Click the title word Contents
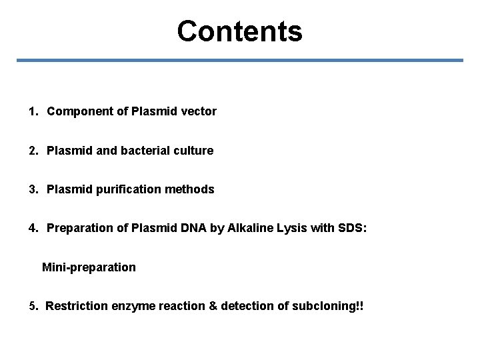tap(239, 31)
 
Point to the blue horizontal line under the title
tap(239, 61)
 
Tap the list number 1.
tap(33, 111)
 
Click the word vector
tap(199, 111)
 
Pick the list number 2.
tap(33, 151)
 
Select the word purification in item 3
tap(121, 190)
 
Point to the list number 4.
tap(33, 229)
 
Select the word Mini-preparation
tap(89, 267)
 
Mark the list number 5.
tap(33, 307)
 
